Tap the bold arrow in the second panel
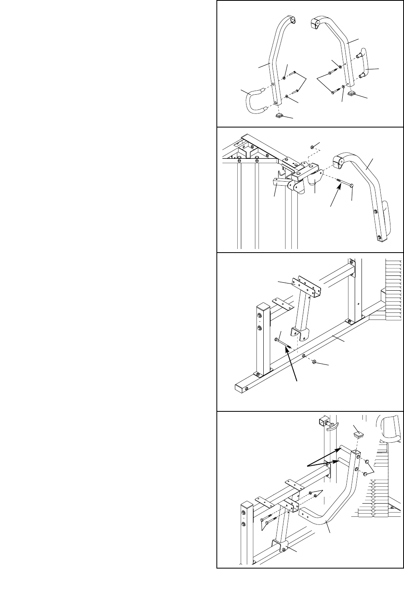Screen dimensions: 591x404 point(335,196)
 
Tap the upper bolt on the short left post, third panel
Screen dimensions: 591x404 point(260,312)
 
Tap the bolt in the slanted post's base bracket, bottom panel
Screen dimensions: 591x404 point(284,549)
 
